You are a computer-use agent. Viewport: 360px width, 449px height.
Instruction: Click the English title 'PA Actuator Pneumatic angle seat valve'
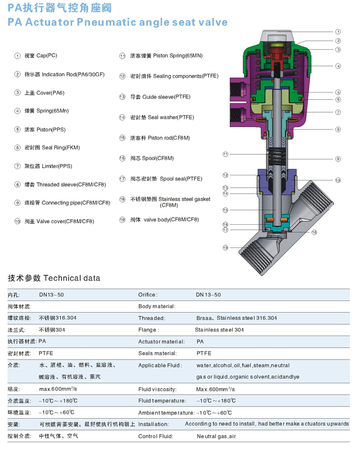pos(117,22)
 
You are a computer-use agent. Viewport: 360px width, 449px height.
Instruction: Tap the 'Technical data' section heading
pos(71,278)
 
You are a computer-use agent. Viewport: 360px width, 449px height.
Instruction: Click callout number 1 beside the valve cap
pos(338,32)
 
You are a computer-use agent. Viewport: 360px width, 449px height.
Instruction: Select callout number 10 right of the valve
pos(338,180)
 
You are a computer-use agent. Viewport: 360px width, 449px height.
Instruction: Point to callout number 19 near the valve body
pos(225,248)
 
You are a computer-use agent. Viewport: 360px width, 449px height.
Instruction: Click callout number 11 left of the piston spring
pos(225,154)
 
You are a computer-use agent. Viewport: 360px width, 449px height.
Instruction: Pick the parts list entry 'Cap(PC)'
pos(47,56)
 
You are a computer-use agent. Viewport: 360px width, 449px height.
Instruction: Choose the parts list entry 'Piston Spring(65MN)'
pos(178,56)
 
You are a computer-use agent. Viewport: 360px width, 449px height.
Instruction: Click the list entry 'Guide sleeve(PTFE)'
pos(167,97)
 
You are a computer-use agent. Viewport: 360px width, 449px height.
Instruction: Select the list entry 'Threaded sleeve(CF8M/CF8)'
pos(71,185)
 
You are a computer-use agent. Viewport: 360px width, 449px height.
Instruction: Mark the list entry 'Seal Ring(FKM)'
pos(61,148)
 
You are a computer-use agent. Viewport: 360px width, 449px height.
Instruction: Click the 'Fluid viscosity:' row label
pos(157,389)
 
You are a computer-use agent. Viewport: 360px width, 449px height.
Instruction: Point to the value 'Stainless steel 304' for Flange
pos(220,330)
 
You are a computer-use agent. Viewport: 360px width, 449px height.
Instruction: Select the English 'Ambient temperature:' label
pos(166,412)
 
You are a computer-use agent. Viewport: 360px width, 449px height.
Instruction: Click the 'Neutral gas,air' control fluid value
pos(216,436)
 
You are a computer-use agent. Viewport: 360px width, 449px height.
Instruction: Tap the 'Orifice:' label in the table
pos(148,295)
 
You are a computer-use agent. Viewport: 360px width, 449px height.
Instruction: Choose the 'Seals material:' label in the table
pos(157,353)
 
